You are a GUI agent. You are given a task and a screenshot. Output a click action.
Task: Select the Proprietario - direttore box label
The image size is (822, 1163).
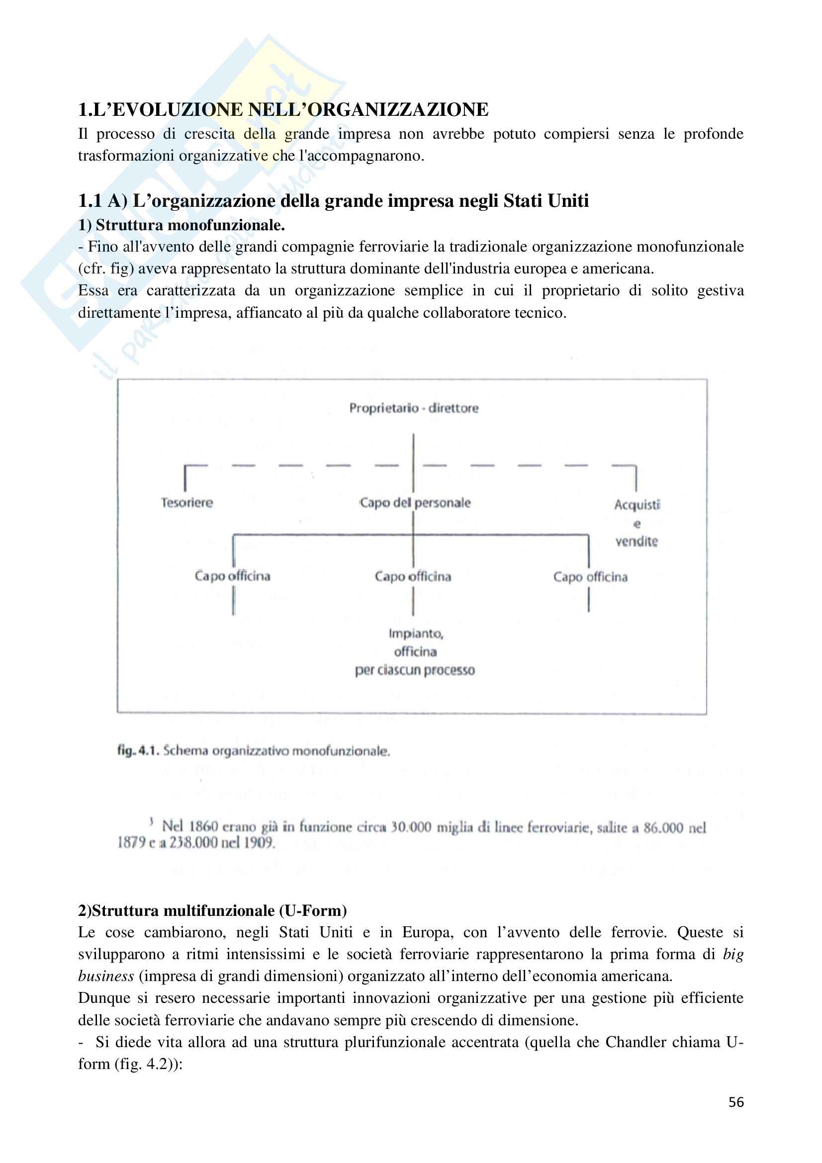(413, 408)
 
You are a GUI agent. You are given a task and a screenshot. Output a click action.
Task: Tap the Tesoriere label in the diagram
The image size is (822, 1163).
(187, 503)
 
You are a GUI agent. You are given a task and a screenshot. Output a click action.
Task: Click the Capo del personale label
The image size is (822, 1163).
(415, 503)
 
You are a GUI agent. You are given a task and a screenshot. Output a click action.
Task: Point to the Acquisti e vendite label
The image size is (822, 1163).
(637, 523)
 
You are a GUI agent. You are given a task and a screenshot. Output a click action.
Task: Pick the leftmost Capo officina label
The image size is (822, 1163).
(232, 576)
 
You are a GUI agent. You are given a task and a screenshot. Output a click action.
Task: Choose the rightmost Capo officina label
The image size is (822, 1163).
(590, 577)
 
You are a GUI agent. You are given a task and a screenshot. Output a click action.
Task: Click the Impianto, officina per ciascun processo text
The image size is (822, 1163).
(415, 652)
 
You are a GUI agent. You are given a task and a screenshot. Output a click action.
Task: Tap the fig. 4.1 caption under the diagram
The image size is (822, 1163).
(253, 751)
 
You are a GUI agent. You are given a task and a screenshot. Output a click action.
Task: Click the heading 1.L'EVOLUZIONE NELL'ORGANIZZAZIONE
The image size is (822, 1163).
(283, 110)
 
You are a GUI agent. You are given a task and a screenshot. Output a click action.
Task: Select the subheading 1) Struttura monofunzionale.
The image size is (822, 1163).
(182, 225)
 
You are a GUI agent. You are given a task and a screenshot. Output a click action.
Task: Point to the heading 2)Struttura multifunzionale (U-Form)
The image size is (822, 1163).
(212, 911)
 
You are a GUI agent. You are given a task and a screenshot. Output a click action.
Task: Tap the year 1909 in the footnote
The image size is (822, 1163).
(259, 843)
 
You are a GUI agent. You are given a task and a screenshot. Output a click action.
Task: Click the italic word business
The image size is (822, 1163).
(106, 976)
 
